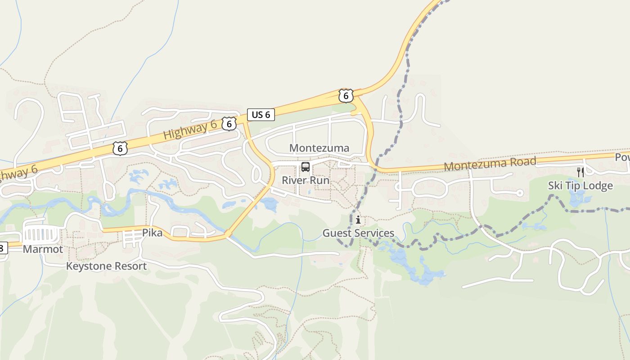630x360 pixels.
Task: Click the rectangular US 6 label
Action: pos(261,114)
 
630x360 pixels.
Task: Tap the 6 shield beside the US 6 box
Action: pos(229,124)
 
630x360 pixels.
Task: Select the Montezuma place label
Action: pos(319,148)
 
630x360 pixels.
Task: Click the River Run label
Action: pos(306,180)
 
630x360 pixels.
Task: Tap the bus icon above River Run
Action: pos(306,167)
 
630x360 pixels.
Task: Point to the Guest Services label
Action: pos(358,233)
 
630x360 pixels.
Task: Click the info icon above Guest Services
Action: pos(358,220)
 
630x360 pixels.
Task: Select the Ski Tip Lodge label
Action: pos(580,186)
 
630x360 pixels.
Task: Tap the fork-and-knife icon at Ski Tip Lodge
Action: pos(580,172)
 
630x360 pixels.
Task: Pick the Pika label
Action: pos(152,233)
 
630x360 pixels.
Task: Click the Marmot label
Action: pos(43,249)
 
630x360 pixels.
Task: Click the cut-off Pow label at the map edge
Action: pos(622,157)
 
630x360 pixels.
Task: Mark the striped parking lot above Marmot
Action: pos(41,234)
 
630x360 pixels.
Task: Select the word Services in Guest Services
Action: pos(375,233)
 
